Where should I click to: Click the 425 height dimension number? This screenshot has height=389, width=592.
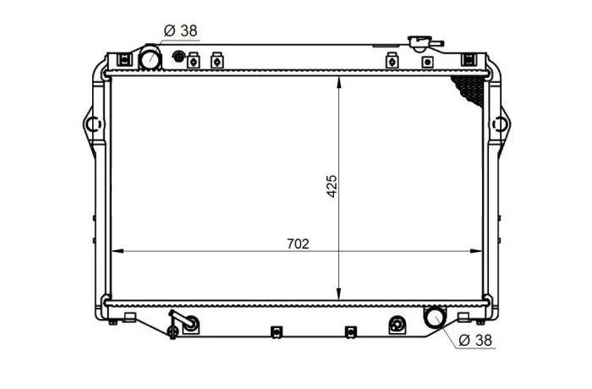pos(332,186)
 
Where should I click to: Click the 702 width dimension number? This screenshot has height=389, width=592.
pos(298,244)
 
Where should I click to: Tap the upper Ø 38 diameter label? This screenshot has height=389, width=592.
pos(181,30)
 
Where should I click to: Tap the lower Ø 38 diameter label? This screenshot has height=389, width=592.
pos(475,340)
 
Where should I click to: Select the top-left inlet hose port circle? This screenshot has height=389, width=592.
pos(151,57)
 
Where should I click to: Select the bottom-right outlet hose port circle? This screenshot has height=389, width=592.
pos(435,317)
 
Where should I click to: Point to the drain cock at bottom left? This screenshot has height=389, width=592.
pos(183,325)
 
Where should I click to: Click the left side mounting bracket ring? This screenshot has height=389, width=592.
pos(93,124)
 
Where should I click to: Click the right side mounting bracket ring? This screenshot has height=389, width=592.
pos(499,124)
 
